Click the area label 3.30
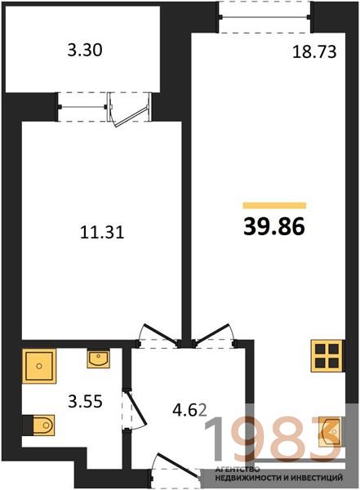[85, 51]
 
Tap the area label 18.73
[314, 52]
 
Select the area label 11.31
[102, 233]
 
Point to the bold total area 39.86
[274, 226]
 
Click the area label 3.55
[86, 401]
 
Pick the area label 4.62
[189, 410]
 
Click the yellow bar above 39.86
[274, 205]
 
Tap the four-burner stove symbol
[327, 355]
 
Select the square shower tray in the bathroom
[39, 366]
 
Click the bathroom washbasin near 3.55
[99, 359]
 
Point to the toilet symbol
[39, 425]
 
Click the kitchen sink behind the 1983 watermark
[330, 431]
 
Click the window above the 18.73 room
[264, 17]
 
